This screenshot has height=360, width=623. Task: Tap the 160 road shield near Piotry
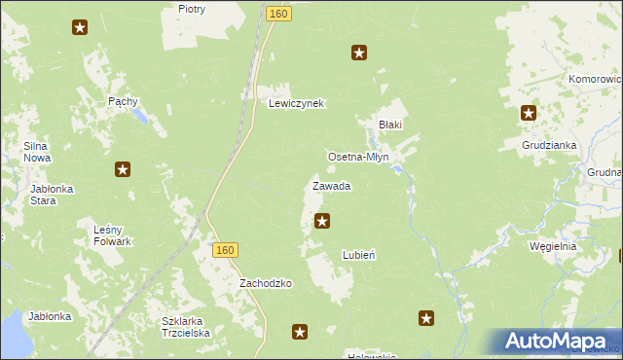point(278,14)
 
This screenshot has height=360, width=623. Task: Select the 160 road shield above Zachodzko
point(225,250)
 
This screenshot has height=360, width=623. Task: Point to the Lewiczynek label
point(296,103)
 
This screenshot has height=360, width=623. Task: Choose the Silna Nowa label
point(37,152)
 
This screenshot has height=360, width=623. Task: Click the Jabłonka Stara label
point(53,195)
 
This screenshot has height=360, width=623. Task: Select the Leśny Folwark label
point(113,235)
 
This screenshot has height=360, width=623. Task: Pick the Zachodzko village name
point(266,283)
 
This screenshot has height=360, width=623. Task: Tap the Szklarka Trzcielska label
point(186,326)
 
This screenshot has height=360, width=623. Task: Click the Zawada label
point(331,186)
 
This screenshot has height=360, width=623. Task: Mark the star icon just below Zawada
point(322,222)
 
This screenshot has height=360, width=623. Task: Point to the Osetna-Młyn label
point(358,157)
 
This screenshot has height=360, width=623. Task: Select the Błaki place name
point(390,125)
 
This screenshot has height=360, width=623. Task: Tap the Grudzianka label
point(549,145)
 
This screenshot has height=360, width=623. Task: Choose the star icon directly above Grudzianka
point(529,113)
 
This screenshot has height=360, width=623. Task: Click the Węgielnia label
point(553,246)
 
